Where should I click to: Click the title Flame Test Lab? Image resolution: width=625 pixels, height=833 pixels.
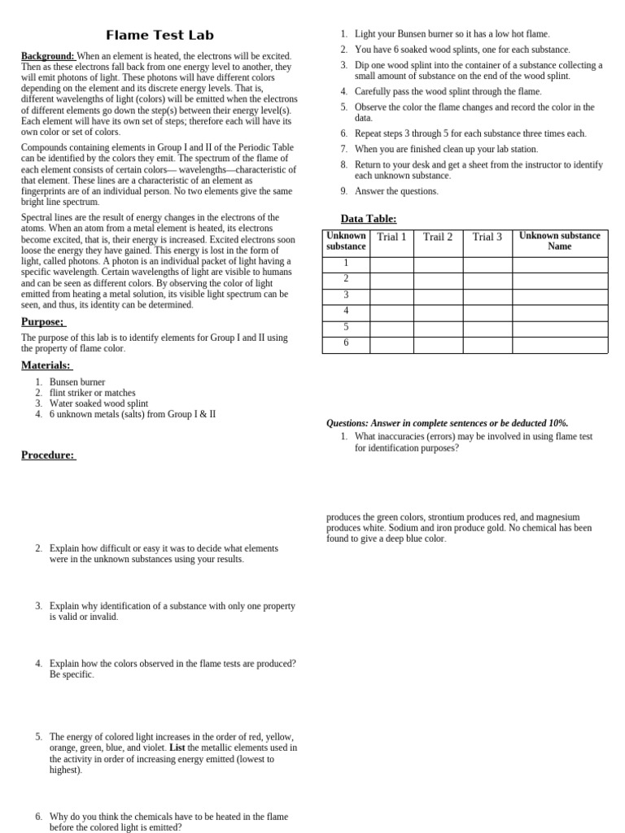(x=160, y=35)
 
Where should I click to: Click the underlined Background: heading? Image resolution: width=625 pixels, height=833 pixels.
(x=47, y=56)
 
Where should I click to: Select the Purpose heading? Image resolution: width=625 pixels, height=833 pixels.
(x=42, y=322)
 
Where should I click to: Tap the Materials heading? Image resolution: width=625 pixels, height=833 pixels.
(x=46, y=365)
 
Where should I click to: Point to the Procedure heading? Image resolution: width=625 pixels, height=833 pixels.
(x=48, y=455)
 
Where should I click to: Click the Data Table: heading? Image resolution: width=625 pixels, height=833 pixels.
(x=369, y=218)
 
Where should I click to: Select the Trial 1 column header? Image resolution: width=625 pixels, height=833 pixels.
(x=391, y=237)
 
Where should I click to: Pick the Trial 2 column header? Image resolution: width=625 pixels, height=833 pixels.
(x=438, y=237)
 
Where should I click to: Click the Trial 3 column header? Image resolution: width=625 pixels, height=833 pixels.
(x=487, y=237)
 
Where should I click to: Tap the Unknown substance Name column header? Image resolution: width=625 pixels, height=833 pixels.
(x=559, y=241)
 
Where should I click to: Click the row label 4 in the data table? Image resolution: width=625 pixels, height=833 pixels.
(x=346, y=311)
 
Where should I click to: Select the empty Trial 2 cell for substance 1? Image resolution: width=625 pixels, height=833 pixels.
(x=438, y=264)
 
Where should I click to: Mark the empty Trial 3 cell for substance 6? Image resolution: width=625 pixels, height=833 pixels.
(x=487, y=343)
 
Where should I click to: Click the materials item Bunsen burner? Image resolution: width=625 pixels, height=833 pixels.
(x=77, y=382)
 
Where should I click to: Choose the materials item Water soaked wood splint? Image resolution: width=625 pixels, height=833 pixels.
(x=98, y=403)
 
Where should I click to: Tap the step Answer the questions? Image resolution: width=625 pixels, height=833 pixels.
(x=396, y=191)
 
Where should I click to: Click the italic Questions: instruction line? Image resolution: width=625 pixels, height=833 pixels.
(x=447, y=423)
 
